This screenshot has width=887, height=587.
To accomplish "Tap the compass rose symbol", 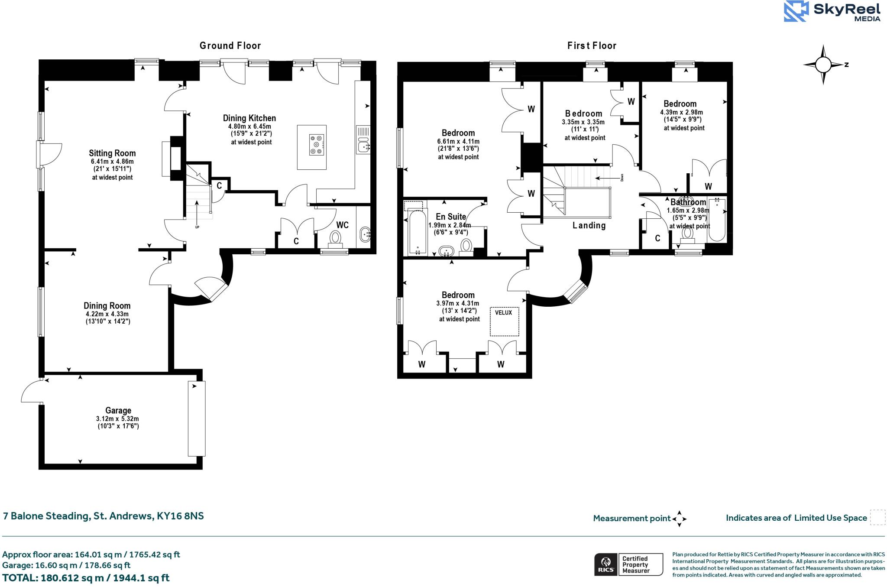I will (x=823, y=65).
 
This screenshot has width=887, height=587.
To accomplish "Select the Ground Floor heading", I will (x=230, y=45).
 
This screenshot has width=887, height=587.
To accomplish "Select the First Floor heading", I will (x=592, y=45).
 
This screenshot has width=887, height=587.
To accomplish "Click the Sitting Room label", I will (x=112, y=153).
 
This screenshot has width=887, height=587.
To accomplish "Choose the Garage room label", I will (x=118, y=410).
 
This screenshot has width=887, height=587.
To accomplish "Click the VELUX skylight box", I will (x=504, y=321).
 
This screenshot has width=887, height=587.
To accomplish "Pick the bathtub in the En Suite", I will (x=418, y=233).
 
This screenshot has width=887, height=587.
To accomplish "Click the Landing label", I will (x=589, y=225).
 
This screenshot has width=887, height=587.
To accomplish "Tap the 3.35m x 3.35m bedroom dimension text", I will (x=583, y=122).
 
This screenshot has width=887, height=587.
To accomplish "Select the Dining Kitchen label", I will (x=249, y=118).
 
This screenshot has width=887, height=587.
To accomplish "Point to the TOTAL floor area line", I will (x=86, y=578).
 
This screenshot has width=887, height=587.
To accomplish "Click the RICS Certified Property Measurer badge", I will (x=628, y=564).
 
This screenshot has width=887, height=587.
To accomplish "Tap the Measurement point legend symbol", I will (x=679, y=519).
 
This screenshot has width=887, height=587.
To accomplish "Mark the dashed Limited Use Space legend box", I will (x=877, y=518).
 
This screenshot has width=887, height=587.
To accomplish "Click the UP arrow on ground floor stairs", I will (x=197, y=212).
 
